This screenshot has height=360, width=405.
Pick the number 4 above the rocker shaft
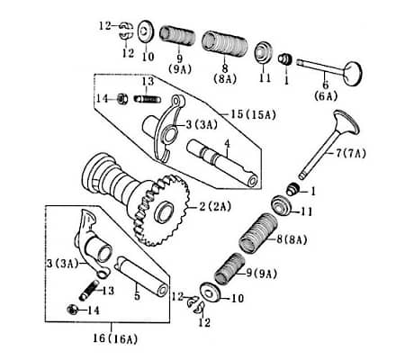(x=227, y=144)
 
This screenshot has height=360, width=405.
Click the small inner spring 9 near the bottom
(x=229, y=266)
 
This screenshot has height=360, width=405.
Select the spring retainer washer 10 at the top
(x=144, y=33)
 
